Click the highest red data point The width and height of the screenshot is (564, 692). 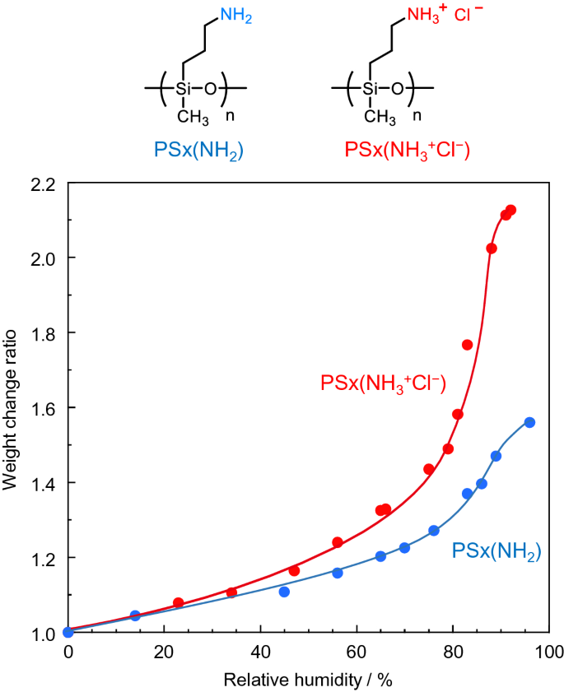point(510,211)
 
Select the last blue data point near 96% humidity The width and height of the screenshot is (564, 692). point(529,422)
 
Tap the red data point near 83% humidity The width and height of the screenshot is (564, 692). point(467,345)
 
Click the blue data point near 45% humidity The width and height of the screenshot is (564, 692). point(284,592)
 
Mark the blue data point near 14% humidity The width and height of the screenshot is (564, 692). point(136,615)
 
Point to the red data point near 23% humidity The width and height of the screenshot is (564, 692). point(179,603)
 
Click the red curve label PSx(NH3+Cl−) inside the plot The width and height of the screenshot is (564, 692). point(383,383)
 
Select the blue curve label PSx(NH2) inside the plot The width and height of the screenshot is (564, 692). point(496,550)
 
